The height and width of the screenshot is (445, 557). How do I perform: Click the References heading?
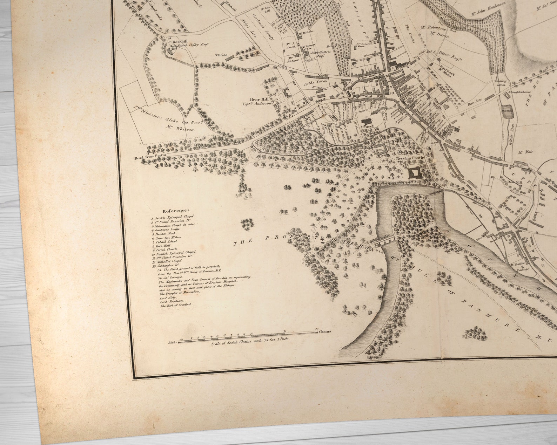pos(176,211)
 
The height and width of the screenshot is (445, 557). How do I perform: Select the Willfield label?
pos(221,55)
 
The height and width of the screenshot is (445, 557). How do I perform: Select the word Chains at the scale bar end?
pos(324,331)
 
